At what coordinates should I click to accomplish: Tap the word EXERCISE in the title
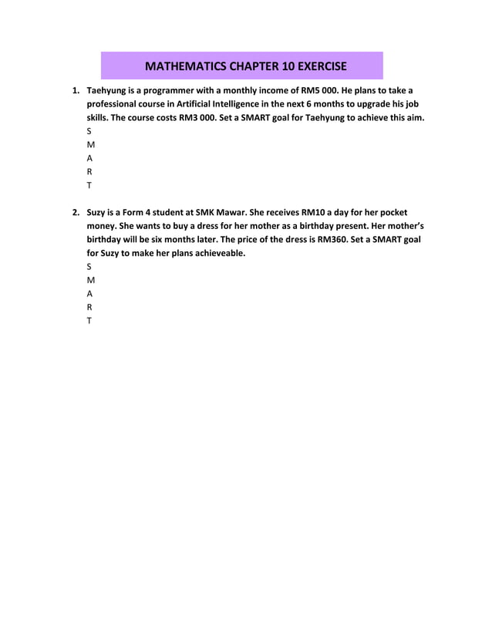tap(315, 66)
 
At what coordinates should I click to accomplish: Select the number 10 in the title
tap(274, 66)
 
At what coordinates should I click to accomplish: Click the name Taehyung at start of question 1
tap(110, 90)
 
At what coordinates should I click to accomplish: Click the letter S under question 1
tap(89, 131)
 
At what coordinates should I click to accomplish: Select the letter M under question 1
tap(90, 145)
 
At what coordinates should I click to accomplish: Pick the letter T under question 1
tap(89, 186)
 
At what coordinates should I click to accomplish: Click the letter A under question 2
tap(89, 294)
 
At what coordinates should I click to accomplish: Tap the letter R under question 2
tap(89, 307)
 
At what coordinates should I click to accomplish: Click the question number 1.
tap(76, 90)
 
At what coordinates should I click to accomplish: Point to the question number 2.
tap(76, 211)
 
